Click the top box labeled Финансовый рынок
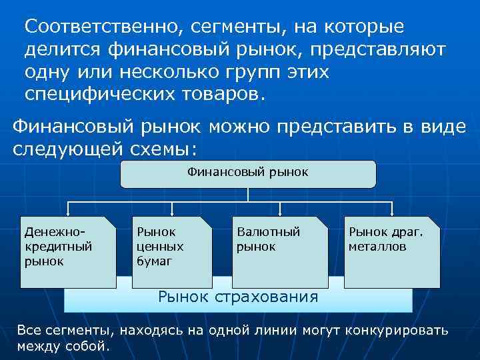click(x=248, y=173)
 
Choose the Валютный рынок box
click(x=281, y=252)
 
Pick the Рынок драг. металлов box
click(x=393, y=252)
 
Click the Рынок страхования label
click(x=237, y=297)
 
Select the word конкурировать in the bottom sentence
click(x=389, y=330)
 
